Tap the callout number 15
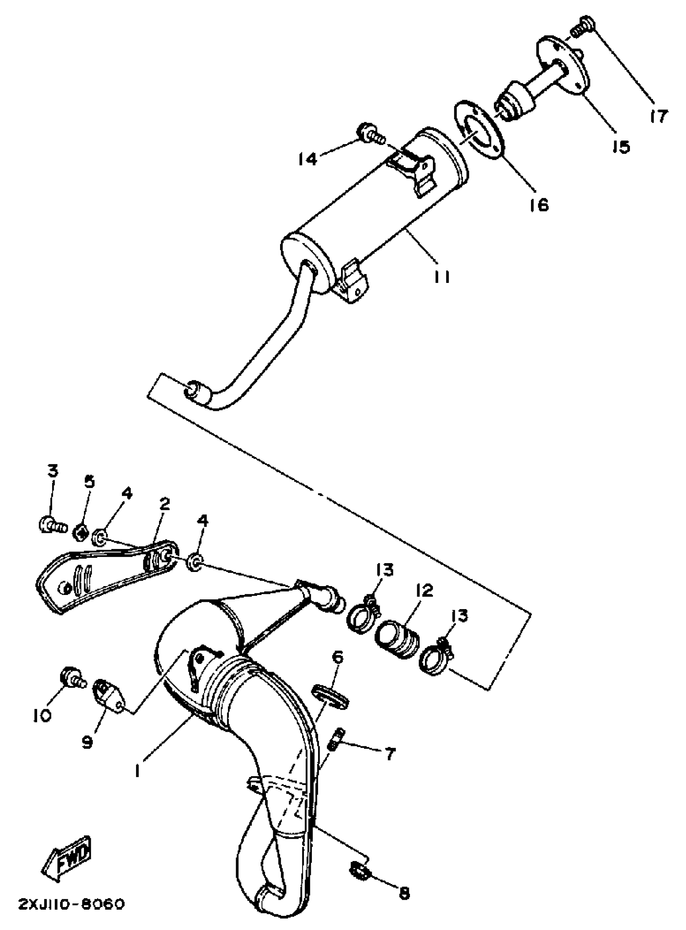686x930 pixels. [621, 146]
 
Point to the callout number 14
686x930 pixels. [308, 159]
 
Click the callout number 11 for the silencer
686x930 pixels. [442, 276]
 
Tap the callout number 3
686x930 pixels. [53, 471]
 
